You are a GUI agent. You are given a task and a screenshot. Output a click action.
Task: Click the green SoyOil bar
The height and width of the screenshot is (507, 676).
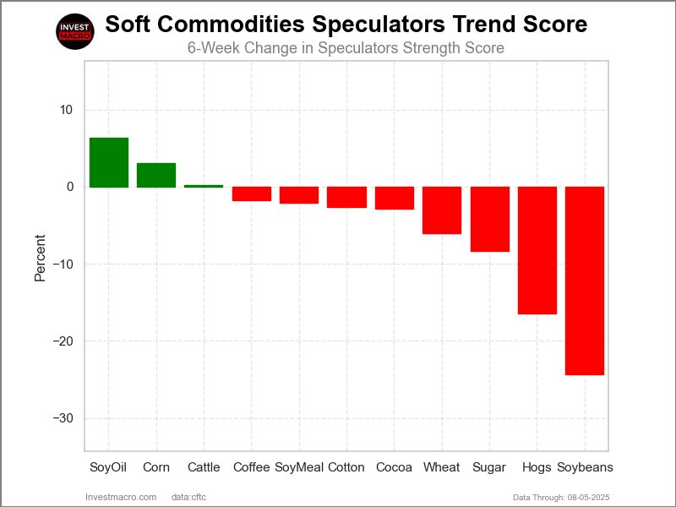tap(109, 162)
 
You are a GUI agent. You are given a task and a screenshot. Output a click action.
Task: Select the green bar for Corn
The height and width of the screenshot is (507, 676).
tap(156, 175)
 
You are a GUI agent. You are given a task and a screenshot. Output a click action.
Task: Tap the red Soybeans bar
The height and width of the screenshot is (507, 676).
tap(585, 281)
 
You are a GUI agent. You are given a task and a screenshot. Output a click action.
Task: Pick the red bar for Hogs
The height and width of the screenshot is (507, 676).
tap(537, 250)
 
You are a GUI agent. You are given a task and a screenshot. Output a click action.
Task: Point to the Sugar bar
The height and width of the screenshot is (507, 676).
tap(490, 219)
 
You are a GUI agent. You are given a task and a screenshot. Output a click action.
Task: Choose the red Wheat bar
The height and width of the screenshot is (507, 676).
tap(442, 210)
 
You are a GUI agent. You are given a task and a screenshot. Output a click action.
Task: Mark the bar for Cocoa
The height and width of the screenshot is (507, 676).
tap(395, 198)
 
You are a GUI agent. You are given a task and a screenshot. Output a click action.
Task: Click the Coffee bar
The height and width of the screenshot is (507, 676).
tap(252, 194)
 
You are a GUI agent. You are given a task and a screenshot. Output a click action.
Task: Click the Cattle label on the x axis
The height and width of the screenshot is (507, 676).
tap(204, 467)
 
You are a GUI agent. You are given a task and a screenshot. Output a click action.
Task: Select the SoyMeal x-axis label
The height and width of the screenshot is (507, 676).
tap(299, 467)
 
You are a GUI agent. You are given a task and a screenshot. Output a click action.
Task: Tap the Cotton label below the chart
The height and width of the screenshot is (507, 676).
tap(346, 467)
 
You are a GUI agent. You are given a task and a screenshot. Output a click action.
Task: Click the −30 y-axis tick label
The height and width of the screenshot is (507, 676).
tap(62, 418)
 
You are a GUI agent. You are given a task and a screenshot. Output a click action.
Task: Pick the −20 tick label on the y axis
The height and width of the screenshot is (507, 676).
tap(62, 341)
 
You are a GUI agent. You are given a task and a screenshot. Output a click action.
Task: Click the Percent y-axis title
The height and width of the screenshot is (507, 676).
tap(41, 259)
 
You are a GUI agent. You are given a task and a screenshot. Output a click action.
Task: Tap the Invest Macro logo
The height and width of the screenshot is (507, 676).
tap(74, 32)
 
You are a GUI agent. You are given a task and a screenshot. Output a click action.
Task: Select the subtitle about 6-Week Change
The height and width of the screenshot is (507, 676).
tap(346, 48)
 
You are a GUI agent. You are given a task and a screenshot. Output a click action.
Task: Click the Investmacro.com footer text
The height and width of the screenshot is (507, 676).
tap(122, 497)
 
